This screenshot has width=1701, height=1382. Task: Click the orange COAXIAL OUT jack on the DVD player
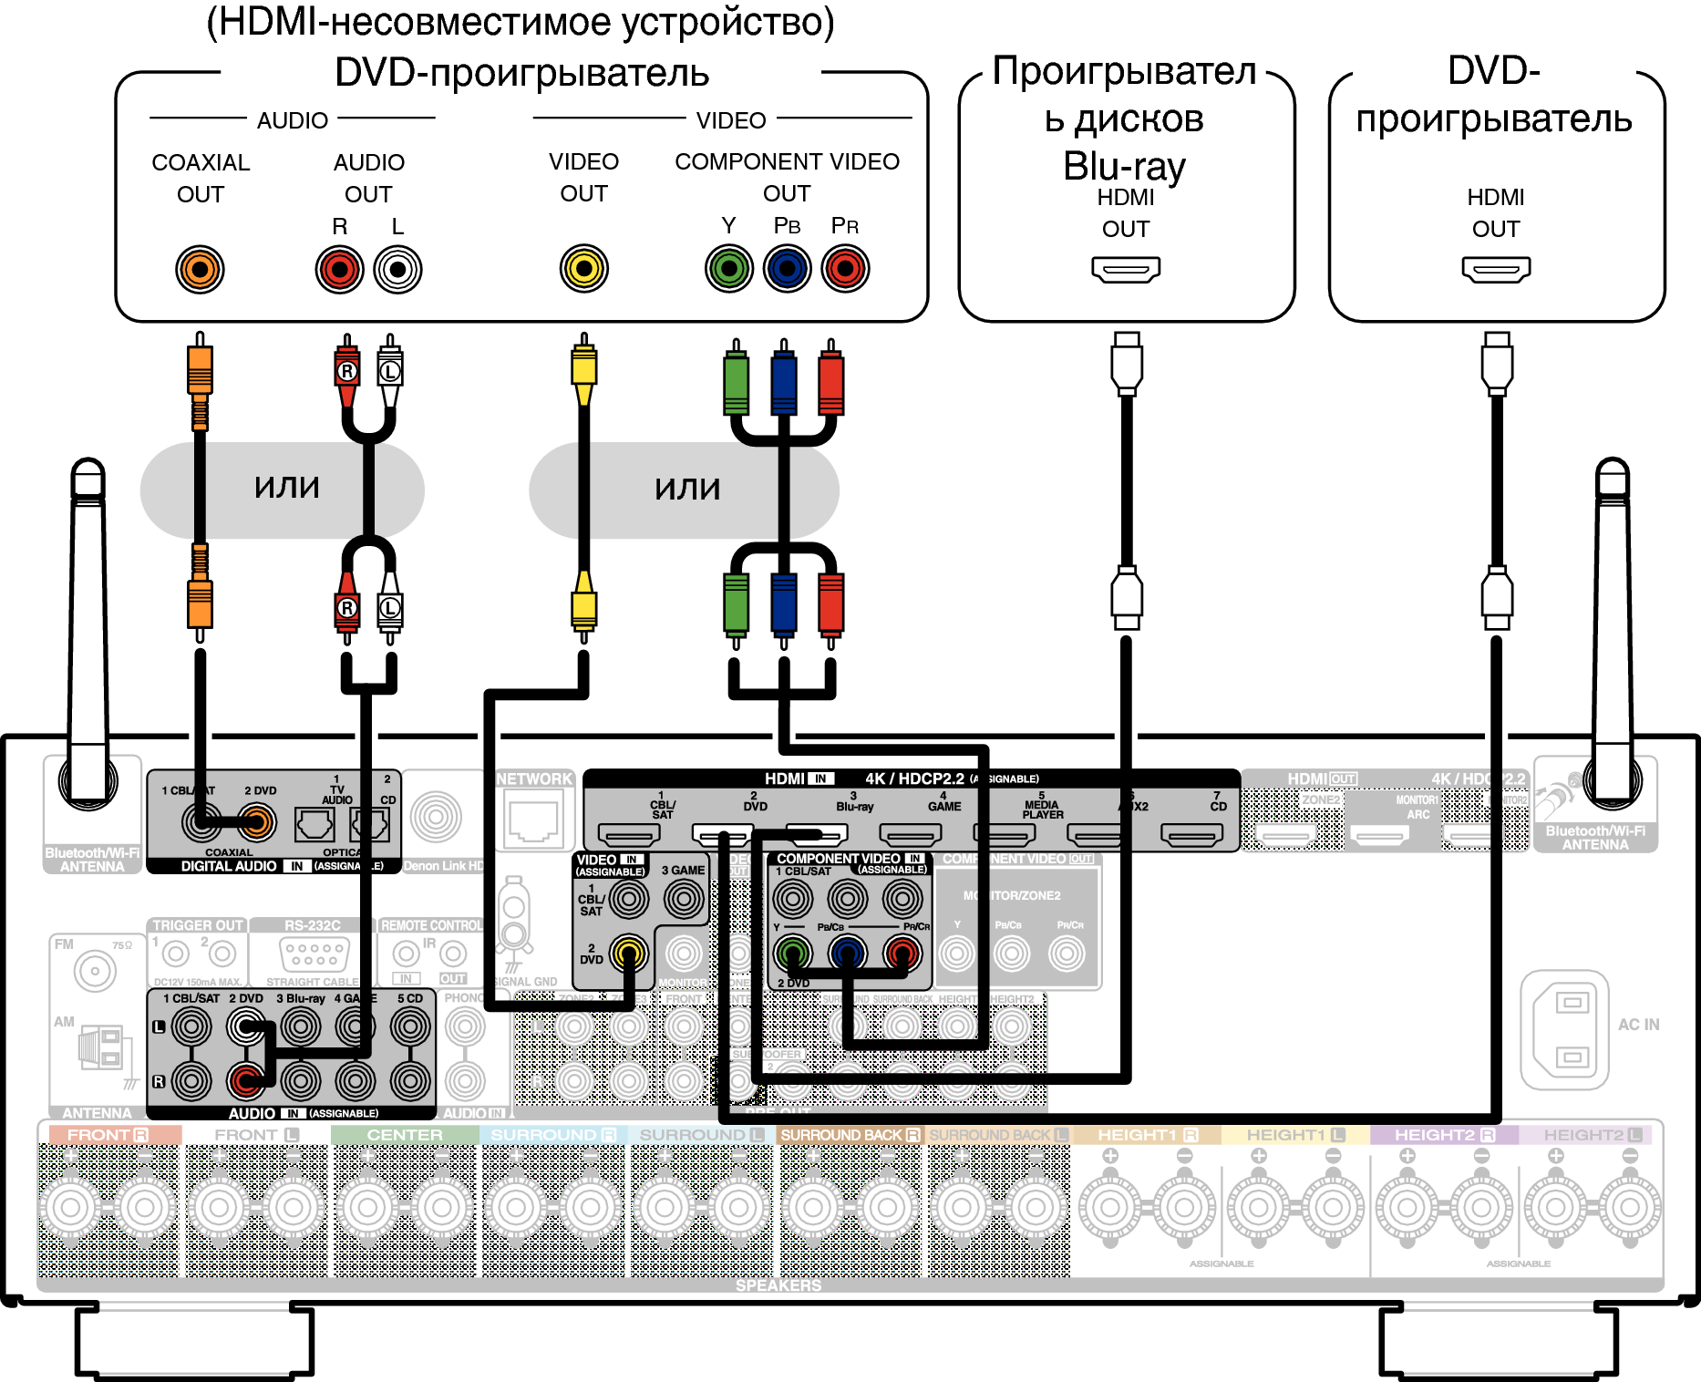point(200,270)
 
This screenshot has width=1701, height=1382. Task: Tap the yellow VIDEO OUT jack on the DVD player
point(583,269)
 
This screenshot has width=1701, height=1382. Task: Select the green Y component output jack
point(728,269)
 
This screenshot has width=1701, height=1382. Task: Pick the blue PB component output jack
point(787,269)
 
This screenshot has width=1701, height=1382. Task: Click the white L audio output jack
point(397,270)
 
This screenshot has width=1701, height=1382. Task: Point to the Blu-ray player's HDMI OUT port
point(1126,269)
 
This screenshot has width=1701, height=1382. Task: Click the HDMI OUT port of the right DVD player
point(1496,269)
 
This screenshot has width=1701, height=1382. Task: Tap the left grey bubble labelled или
point(283,490)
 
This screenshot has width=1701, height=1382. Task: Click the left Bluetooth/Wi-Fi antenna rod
point(89,620)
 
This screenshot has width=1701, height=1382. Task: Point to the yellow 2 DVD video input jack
point(628,954)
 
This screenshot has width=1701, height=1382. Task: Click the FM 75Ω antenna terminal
point(95,971)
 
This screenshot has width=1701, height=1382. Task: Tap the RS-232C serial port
point(313,954)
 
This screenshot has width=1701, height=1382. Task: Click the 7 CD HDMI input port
point(1191,833)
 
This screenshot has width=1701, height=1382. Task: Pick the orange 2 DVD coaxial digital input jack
point(257,823)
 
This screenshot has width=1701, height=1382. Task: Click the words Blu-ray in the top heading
point(1124,167)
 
